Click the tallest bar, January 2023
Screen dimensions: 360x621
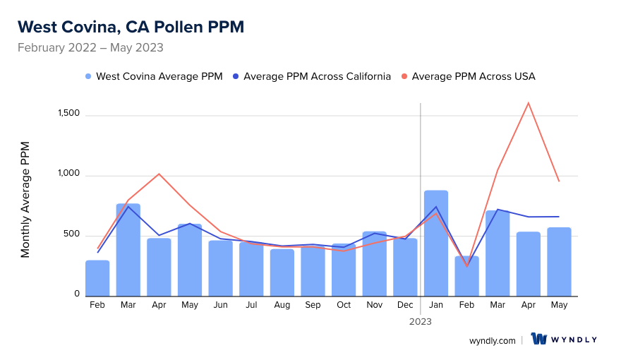pyautogui.click(x=436, y=244)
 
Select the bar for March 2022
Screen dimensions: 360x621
pyautogui.click(x=128, y=250)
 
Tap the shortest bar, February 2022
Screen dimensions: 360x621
pyautogui.click(x=97, y=278)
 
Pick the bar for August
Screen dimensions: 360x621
pyautogui.click(x=282, y=272)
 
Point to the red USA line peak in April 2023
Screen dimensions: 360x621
pyautogui.click(x=529, y=103)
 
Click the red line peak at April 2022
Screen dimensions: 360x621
pyautogui.click(x=159, y=174)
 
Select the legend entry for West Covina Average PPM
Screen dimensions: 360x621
pyautogui.click(x=153, y=76)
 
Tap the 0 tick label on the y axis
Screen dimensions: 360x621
pyautogui.click(x=78, y=294)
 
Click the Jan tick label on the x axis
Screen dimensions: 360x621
pyautogui.click(x=436, y=305)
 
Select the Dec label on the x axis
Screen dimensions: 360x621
pyautogui.click(x=405, y=305)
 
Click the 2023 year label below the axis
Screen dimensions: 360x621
pyautogui.click(x=421, y=321)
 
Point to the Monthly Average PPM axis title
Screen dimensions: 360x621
pyautogui.click(x=25, y=199)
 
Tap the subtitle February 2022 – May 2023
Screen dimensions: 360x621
pyautogui.click(x=90, y=48)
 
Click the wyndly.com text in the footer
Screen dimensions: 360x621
pyautogui.click(x=493, y=340)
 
